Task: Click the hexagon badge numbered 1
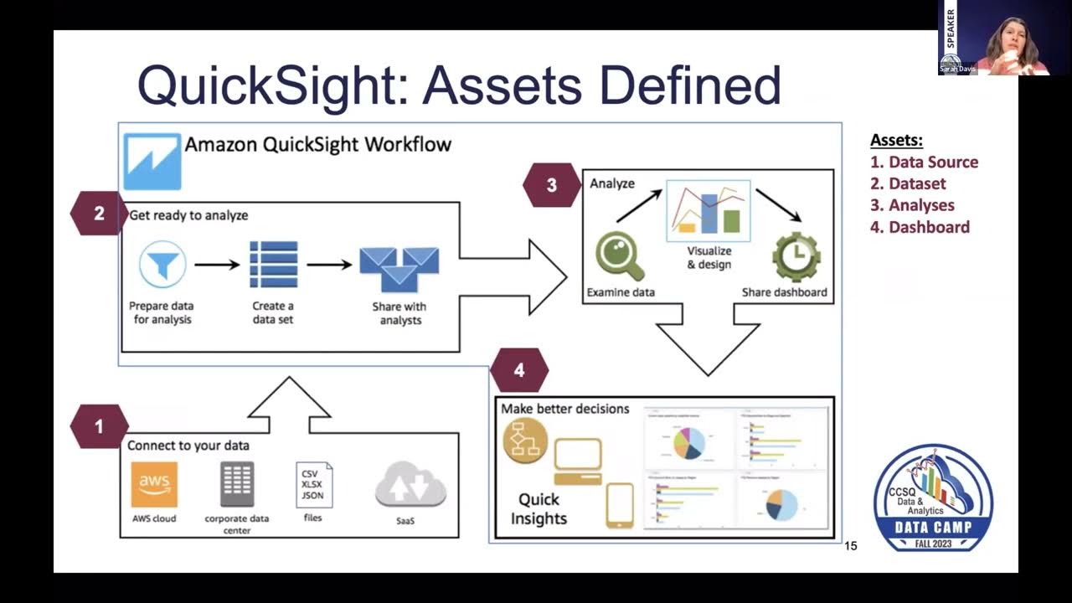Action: pos(99,426)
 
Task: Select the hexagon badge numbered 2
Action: pos(99,214)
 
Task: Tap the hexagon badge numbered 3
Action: pos(551,185)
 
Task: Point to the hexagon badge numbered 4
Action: pos(519,370)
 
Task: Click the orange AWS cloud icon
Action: pos(154,484)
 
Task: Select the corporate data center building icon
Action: pos(237,484)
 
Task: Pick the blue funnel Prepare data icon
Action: pos(162,265)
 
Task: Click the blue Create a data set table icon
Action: pos(273,265)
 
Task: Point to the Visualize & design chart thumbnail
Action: pos(709,210)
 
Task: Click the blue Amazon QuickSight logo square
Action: pos(152,162)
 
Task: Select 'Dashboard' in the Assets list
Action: pos(928,227)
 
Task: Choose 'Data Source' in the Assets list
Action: pos(932,162)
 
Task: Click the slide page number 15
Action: pos(851,546)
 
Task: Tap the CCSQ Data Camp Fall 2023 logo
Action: pos(933,497)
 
